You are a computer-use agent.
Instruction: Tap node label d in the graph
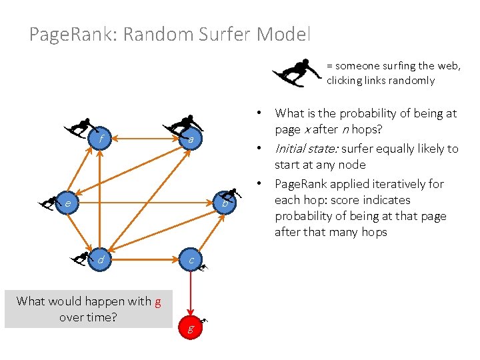pyautogui.click(x=100, y=259)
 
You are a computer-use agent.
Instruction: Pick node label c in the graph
pyautogui.click(x=191, y=259)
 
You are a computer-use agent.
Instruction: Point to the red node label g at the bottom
pyautogui.click(x=191, y=329)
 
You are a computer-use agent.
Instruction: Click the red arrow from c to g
pyautogui.click(x=191, y=293)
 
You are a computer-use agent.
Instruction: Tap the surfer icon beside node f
pyautogui.click(x=79, y=127)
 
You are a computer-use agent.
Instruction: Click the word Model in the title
pyautogui.click(x=285, y=34)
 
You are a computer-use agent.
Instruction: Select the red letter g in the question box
pyautogui.click(x=157, y=301)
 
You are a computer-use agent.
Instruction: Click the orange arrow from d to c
pyautogui.click(x=145, y=259)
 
